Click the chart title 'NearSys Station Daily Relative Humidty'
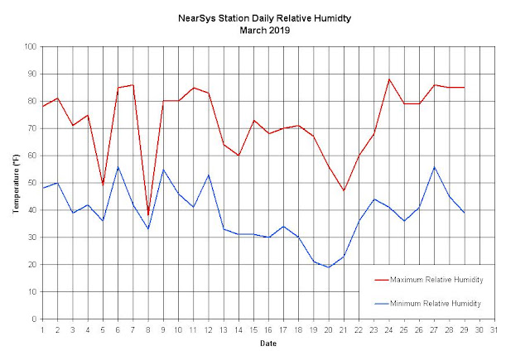click(265, 18)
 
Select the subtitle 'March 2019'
click(265, 31)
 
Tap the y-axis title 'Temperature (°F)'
click(16, 184)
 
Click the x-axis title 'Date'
click(268, 343)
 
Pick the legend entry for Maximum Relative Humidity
click(429, 280)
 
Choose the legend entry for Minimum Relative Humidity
click(428, 304)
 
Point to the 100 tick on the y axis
click(30, 46)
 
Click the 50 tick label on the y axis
click(32, 183)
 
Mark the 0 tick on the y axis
click(34, 319)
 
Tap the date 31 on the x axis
click(494, 330)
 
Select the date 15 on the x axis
click(253, 330)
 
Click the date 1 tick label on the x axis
click(42, 330)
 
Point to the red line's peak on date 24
click(389, 79)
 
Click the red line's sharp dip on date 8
click(148, 215)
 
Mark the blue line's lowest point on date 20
click(329, 267)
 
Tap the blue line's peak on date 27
click(434, 166)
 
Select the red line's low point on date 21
click(344, 191)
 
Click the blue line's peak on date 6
click(118, 166)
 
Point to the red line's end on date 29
click(465, 88)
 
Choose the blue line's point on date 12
click(209, 175)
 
